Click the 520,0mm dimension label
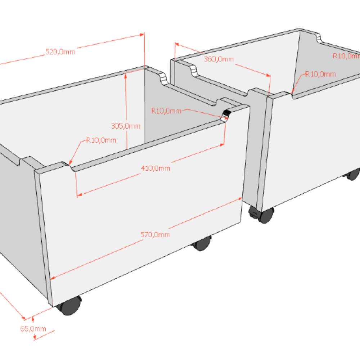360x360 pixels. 60,51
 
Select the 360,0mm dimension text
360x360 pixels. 219,59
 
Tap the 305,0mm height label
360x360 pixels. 126,126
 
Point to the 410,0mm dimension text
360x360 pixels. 156,168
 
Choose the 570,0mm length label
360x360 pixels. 155,234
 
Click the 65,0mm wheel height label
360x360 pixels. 33,329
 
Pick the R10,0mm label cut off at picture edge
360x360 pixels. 346,56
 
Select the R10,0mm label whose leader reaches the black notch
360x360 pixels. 166,111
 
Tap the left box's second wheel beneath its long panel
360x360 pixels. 201,243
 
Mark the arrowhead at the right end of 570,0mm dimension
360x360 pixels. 240,198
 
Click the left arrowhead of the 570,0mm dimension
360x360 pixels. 52,278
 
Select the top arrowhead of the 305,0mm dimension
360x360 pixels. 125,76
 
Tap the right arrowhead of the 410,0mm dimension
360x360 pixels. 222,145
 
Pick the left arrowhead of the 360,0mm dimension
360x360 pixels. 177,44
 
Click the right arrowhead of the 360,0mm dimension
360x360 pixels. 269,75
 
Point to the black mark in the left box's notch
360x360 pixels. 227,113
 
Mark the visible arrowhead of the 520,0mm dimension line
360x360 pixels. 142,35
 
